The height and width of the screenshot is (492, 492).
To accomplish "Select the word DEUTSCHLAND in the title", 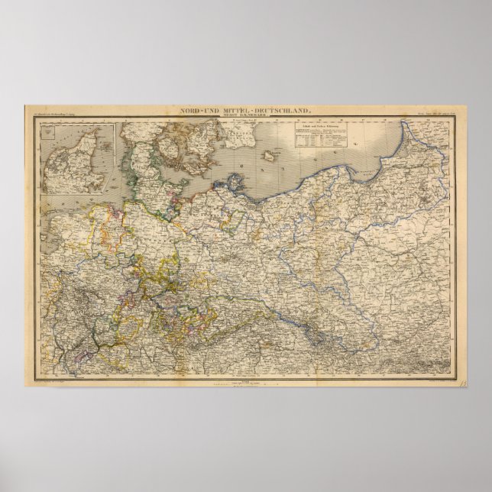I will click(x=280, y=112).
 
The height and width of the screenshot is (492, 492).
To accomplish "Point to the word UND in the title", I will click(x=211, y=112).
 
